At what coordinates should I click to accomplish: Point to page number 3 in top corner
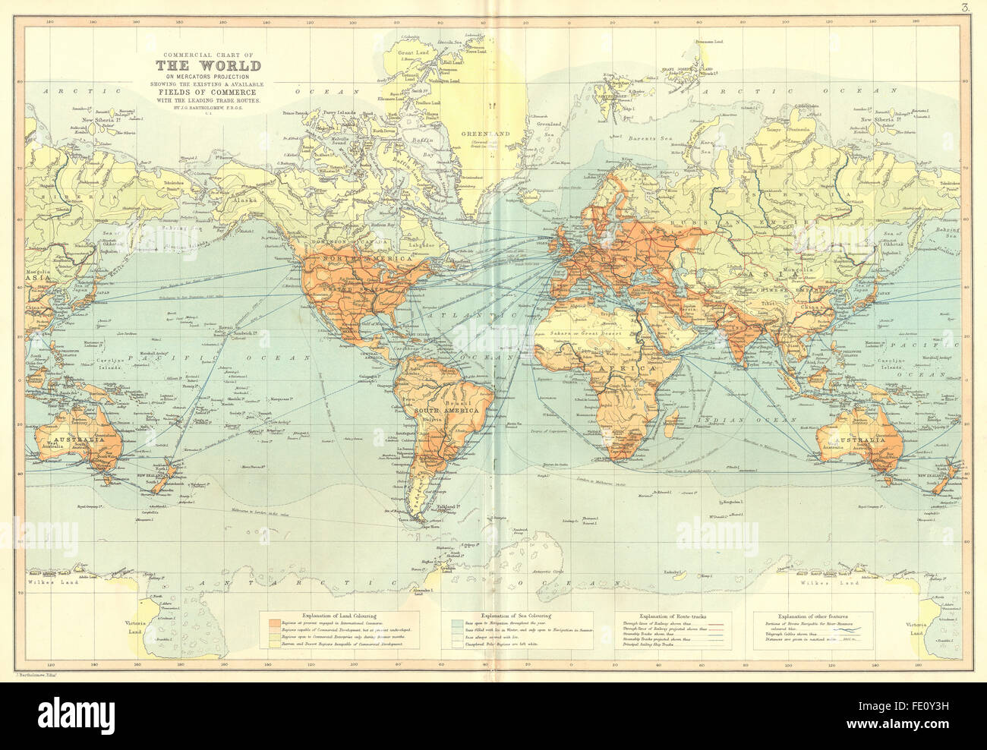point(963,8)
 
